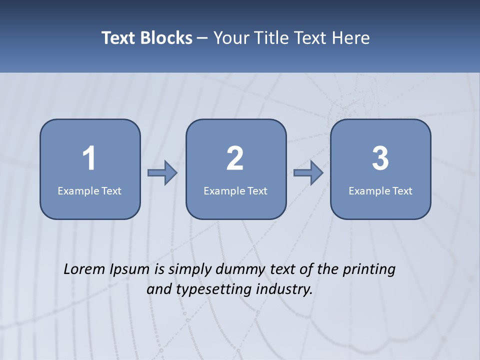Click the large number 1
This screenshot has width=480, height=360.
pos(89,158)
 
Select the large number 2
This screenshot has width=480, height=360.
pos(235,158)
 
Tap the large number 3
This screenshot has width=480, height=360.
pos(380,158)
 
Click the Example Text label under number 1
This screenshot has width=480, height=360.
pos(89,190)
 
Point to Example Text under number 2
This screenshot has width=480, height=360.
pos(235,190)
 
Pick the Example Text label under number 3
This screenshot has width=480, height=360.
pos(380,190)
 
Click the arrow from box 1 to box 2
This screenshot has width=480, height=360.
pos(162,173)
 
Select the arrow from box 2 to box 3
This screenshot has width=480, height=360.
pos(308,173)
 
